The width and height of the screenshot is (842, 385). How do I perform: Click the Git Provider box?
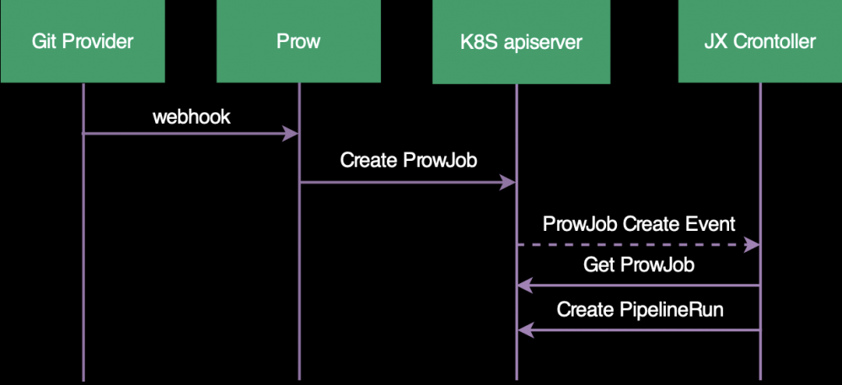point(83,41)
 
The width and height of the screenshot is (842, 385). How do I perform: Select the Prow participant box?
point(298,41)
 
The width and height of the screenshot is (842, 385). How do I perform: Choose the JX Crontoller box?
point(759,41)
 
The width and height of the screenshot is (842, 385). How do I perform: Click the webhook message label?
point(191,117)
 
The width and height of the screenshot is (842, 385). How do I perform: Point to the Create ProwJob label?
point(409,160)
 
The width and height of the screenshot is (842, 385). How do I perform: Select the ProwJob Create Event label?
point(639,224)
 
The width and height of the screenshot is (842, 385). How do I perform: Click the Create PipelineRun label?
point(641,310)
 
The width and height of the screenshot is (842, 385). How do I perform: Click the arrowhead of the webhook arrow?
point(292,133)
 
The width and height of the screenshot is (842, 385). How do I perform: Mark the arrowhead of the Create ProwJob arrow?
point(508,182)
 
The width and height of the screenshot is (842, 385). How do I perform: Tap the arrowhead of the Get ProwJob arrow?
point(524,286)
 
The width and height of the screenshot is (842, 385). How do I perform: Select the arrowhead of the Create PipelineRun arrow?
point(524,329)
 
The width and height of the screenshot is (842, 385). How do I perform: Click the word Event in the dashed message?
point(712,224)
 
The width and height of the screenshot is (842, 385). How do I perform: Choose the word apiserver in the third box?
point(539,41)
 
